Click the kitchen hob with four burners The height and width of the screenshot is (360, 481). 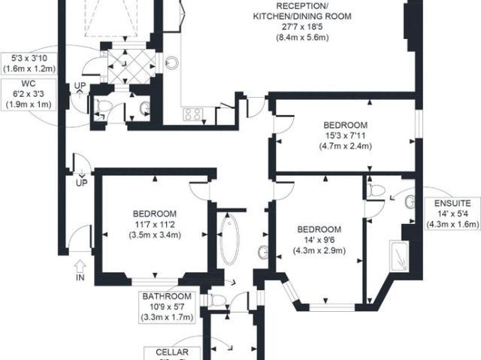(x=192, y=115)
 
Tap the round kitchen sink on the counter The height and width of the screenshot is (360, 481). (x=173, y=64)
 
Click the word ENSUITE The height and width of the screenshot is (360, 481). (x=452, y=203)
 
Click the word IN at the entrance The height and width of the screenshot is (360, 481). (x=80, y=278)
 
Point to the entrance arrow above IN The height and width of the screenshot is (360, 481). (x=80, y=265)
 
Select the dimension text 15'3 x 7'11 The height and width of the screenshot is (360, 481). (x=345, y=135)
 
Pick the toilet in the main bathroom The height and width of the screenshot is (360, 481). (x=218, y=301)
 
